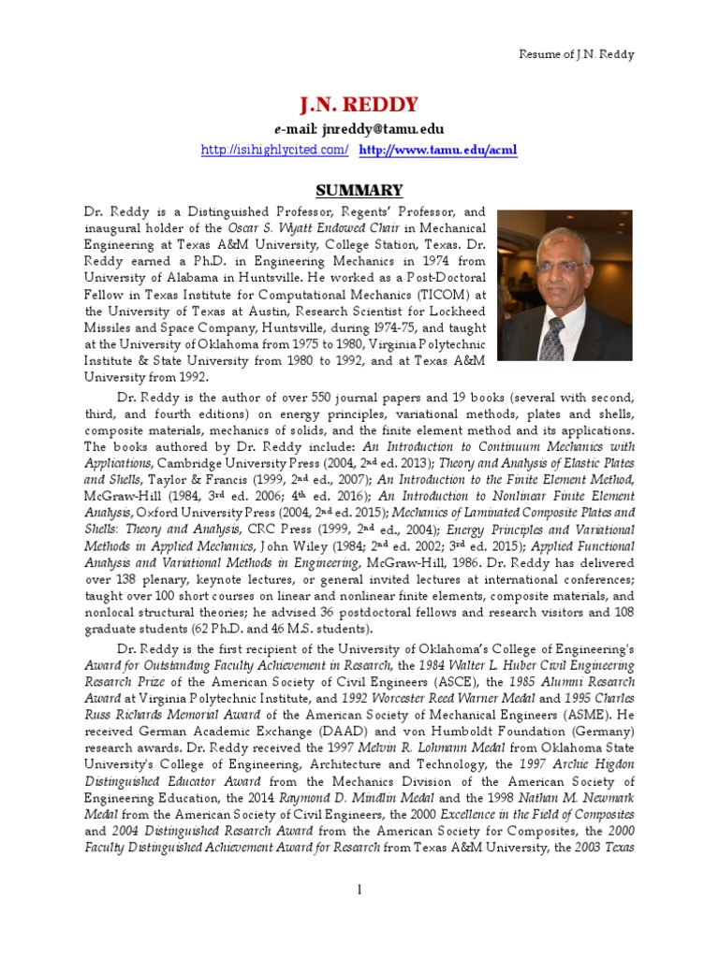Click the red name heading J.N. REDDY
click(359, 104)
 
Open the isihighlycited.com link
click(275, 150)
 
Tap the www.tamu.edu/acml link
click(438, 150)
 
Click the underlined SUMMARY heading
click(359, 190)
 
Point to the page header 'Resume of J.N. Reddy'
click(577, 54)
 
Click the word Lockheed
click(452, 312)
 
